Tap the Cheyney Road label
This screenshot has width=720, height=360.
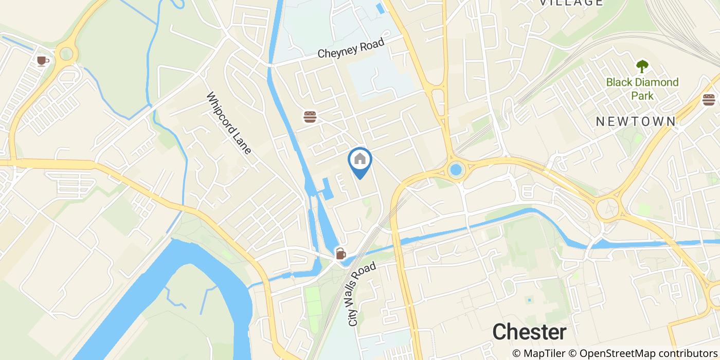click(x=351, y=48)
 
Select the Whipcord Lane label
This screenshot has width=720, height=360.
click(x=229, y=123)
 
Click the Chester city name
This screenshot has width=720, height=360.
click(x=529, y=332)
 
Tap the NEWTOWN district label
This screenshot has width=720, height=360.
click(x=636, y=122)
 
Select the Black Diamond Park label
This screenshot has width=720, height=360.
click(x=642, y=88)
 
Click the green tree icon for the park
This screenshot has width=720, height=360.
click(x=642, y=66)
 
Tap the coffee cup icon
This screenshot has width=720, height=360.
click(x=43, y=61)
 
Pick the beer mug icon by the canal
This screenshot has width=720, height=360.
click(x=340, y=253)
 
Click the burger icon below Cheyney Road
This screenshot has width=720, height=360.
click(x=310, y=117)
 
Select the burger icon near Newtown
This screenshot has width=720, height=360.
click(x=709, y=99)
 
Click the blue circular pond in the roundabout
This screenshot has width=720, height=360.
click(x=455, y=169)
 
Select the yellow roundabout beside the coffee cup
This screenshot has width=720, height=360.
click(x=66, y=53)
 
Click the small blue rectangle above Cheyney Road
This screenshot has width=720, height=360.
click(x=381, y=9)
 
